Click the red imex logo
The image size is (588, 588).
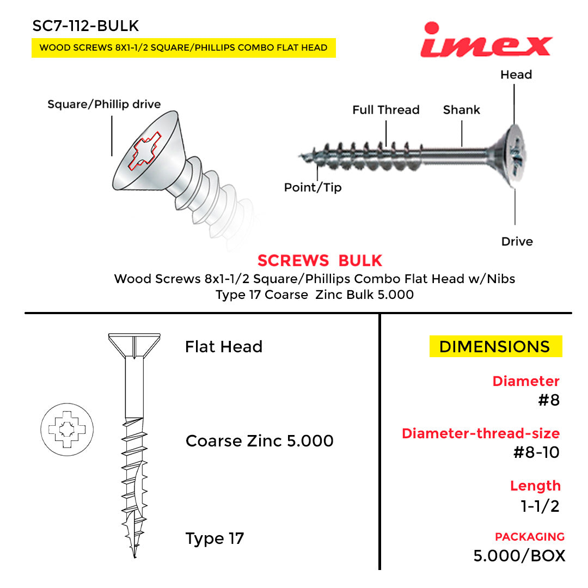click(x=486, y=40)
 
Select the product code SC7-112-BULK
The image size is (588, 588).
click(x=85, y=26)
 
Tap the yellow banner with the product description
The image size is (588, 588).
click(x=183, y=47)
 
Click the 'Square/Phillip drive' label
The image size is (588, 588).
click(x=104, y=104)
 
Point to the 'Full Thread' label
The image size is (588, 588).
click(x=385, y=110)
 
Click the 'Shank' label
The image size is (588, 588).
click(x=461, y=110)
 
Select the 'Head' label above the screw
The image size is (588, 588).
click(x=516, y=75)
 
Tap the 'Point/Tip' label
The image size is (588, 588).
click(x=313, y=188)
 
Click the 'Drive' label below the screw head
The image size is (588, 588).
click(x=517, y=241)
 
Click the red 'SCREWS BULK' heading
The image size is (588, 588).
click(x=320, y=261)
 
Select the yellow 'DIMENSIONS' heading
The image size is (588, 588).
click(x=495, y=347)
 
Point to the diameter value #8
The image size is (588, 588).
click(x=548, y=401)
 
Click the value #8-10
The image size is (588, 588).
click(x=536, y=452)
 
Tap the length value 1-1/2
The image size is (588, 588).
click(x=540, y=506)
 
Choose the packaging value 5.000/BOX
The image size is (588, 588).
click(x=519, y=556)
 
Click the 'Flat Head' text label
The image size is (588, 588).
click(x=224, y=347)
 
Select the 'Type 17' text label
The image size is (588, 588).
click(x=215, y=538)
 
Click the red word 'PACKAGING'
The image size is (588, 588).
click(x=529, y=537)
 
